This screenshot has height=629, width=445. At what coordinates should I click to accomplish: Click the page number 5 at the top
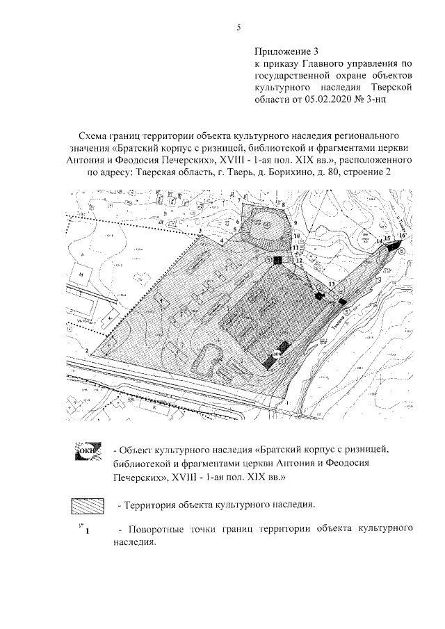pyautogui.click(x=238, y=28)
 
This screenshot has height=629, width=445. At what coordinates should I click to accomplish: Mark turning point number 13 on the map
pyautogui.click(x=332, y=285)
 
